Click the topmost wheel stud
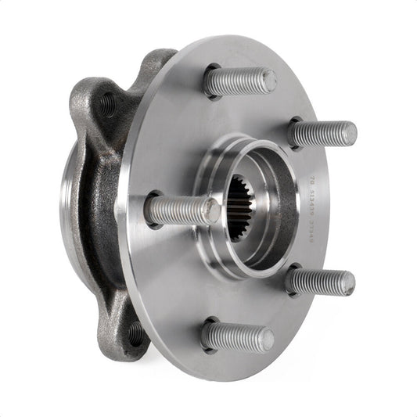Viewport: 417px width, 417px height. point(239,81)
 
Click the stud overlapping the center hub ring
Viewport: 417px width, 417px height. point(180,210)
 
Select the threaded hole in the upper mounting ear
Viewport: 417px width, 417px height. point(107,103)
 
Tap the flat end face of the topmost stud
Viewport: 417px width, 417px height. point(268,78)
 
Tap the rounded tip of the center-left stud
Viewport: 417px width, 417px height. point(210,210)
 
